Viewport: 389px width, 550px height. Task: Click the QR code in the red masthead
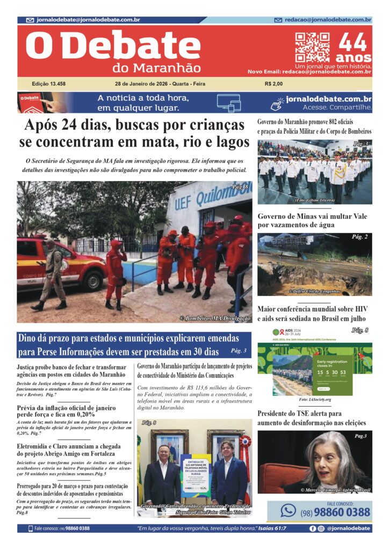pyautogui.click(x=312, y=48)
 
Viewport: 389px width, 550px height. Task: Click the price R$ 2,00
pyautogui.click(x=273, y=84)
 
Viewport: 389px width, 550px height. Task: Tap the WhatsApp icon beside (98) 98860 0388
pyautogui.click(x=289, y=510)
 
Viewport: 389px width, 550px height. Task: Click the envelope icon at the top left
pyautogui.click(x=30, y=20)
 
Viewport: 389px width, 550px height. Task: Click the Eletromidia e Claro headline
pyautogui.click(x=68, y=450)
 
